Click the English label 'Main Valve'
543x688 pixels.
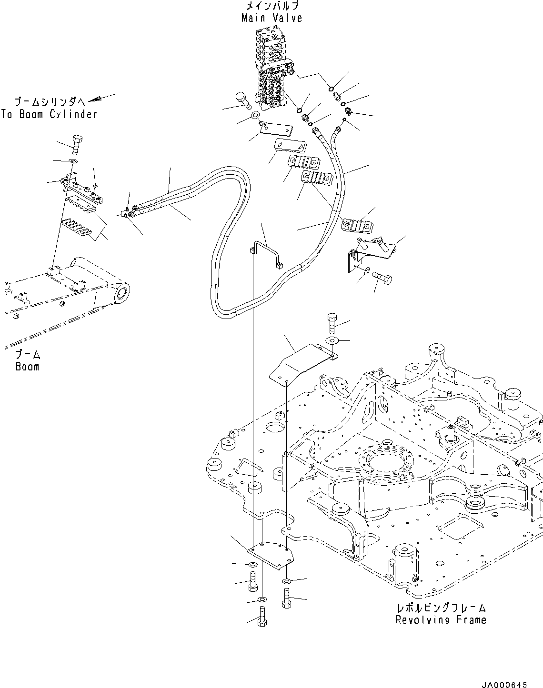271,18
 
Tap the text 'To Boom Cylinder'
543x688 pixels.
49,114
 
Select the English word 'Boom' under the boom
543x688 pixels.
27,367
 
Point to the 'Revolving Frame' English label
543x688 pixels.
441,620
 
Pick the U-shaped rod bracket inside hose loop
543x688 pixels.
266,254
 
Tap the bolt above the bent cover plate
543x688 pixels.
332,324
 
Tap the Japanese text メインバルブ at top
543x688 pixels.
272,6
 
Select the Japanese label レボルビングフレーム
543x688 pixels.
442,608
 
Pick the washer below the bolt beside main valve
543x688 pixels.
255,115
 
